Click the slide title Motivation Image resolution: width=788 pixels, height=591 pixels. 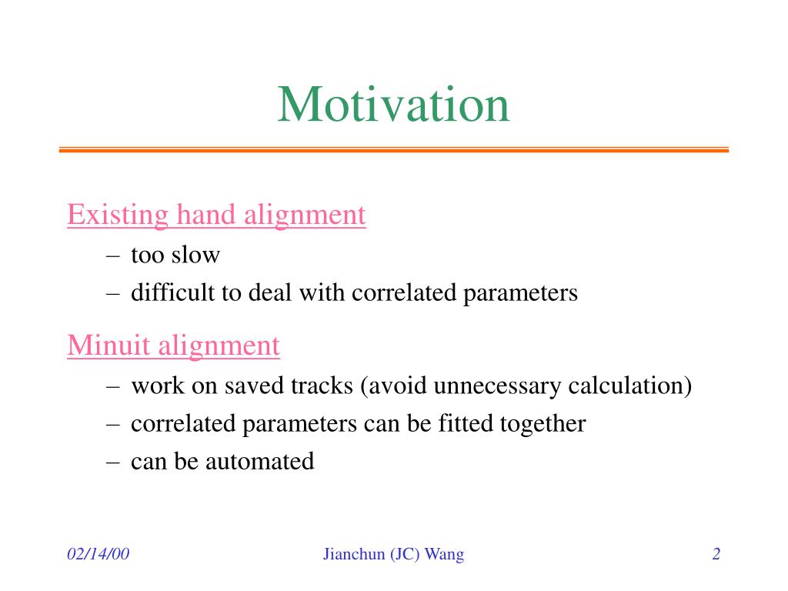(393, 105)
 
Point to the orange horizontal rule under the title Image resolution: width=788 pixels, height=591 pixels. (393, 149)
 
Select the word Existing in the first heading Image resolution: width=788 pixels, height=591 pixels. (118, 215)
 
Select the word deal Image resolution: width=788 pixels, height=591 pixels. (270, 292)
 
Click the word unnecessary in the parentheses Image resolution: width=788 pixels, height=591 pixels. (496, 387)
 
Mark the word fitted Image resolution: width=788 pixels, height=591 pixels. (465, 423)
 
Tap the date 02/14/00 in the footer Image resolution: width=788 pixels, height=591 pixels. (98, 554)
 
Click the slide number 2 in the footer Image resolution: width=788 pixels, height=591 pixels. (716, 554)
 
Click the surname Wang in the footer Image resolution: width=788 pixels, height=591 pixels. (444, 555)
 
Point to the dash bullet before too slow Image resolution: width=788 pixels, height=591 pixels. (113, 255)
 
